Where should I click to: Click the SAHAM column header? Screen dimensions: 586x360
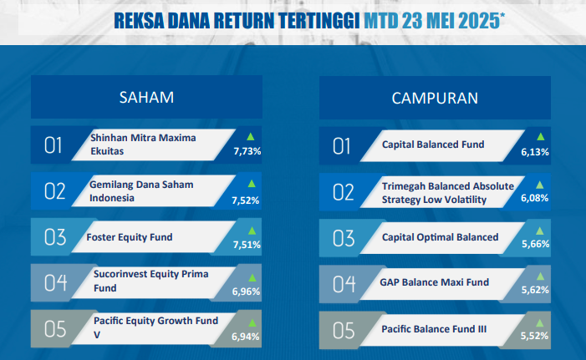(x=146, y=98)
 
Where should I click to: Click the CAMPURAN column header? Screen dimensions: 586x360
(x=435, y=99)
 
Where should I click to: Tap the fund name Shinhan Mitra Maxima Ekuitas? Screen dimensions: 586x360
(x=143, y=145)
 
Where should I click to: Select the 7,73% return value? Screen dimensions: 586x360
(x=247, y=151)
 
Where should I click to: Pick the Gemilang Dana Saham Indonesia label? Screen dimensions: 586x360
(x=141, y=191)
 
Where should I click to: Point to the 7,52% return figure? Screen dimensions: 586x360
(x=246, y=200)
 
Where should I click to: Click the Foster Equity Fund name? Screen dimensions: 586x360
(x=130, y=237)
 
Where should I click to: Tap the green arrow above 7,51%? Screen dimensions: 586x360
(x=252, y=231)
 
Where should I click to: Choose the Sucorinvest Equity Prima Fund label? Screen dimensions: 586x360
(x=151, y=281)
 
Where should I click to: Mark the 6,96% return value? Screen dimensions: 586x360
(x=246, y=292)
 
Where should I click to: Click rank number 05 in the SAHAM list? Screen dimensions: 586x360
(x=55, y=329)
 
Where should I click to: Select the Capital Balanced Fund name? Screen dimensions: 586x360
(x=433, y=145)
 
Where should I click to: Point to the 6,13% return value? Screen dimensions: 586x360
(x=535, y=152)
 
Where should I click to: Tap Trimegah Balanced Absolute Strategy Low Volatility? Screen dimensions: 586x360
(x=448, y=193)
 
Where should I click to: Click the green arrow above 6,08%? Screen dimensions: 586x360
(x=540, y=185)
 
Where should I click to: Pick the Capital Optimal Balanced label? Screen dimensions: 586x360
(x=440, y=237)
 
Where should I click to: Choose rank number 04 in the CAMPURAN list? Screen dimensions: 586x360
(x=344, y=284)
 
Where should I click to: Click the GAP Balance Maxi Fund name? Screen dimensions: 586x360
(x=434, y=282)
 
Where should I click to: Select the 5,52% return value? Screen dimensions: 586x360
(x=534, y=336)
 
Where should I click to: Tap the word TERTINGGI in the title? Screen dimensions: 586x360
(x=319, y=21)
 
